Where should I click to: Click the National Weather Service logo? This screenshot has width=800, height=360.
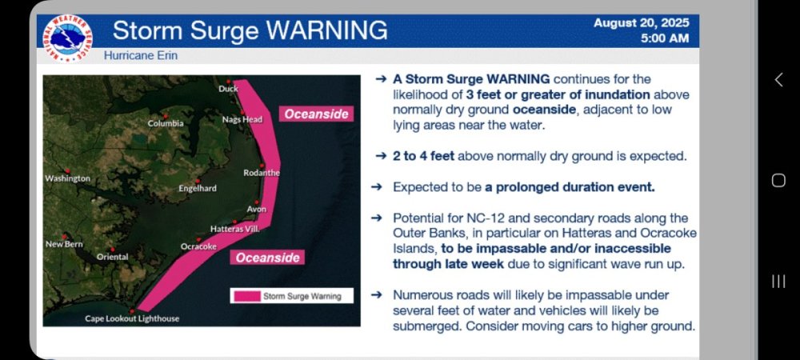click(x=67, y=38)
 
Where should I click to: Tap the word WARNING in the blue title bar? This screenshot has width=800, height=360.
click(x=327, y=30)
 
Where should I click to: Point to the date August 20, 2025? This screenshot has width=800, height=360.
click(x=642, y=23)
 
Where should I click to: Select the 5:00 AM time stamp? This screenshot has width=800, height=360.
click(x=665, y=38)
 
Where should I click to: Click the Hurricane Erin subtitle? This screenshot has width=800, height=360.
click(x=141, y=55)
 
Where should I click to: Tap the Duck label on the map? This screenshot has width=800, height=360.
click(x=229, y=89)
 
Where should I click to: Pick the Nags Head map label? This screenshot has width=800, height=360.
click(x=242, y=119)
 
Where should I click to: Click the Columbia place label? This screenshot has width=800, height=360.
click(x=166, y=123)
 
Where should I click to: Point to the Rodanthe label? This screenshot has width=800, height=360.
click(x=262, y=173)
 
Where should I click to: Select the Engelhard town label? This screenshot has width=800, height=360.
click(x=198, y=189)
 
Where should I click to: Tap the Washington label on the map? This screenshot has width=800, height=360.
click(x=68, y=178)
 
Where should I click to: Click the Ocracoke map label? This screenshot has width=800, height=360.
click(x=198, y=246)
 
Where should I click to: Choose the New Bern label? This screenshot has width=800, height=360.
click(x=64, y=244)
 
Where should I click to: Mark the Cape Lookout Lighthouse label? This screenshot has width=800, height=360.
click(x=132, y=318)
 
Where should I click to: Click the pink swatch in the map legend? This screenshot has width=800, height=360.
click(x=246, y=296)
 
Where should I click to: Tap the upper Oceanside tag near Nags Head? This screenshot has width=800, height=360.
click(x=316, y=114)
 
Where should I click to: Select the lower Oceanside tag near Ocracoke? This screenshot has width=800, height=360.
click(x=267, y=258)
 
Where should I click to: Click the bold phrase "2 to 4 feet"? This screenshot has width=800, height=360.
click(x=423, y=156)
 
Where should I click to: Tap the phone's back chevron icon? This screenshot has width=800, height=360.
click(x=778, y=79)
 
